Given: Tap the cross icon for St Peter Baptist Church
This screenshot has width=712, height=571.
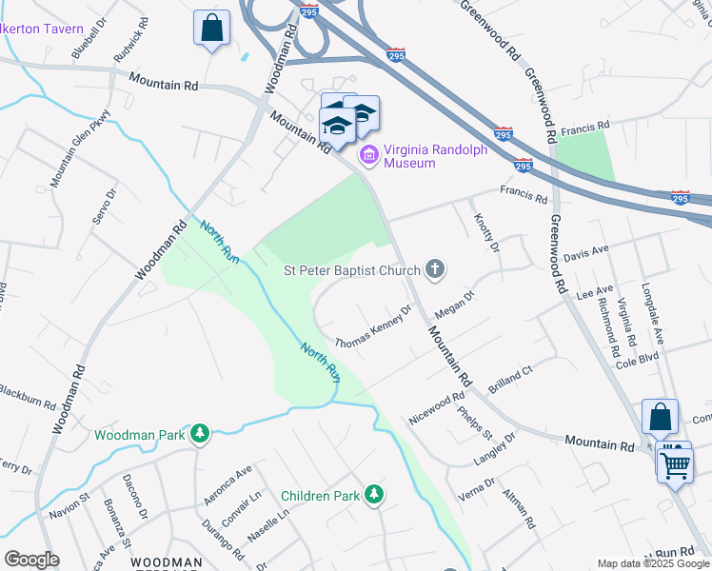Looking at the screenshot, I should [x=435, y=269].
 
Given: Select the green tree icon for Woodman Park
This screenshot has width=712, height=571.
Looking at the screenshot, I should [x=199, y=435].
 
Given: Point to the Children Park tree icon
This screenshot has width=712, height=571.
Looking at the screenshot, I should [x=375, y=494].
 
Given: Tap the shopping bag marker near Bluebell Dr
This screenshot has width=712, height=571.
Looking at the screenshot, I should [x=211, y=28].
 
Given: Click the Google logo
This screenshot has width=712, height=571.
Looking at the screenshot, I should [x=30, y=560].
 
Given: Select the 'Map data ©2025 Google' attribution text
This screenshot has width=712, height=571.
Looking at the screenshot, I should [x=653, y=563].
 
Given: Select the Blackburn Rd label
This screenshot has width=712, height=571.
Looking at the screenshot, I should [x=26, y=397].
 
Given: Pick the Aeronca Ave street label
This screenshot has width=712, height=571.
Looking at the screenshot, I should [x=229, y=484].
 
